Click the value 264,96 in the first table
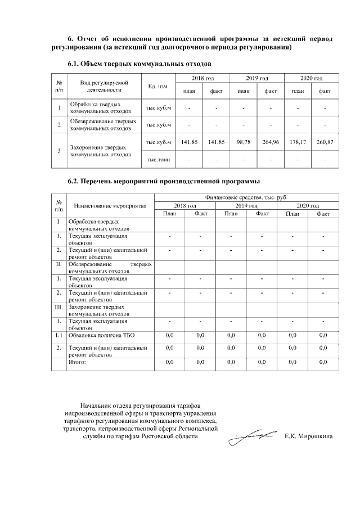coord(271,142)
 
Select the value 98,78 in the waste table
coord(244,142)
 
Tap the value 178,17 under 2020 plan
coord(298,142)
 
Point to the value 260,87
coord(325,142)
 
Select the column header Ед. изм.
coord(158,86)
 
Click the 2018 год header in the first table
coord(202,78)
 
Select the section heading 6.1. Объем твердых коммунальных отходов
coord(139,64)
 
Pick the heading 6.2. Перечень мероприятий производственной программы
coord(164,182)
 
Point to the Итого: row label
coord(77,363)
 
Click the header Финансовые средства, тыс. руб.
coord(246,198)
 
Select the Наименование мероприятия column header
coord(110,206)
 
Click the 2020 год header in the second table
coord(307,206)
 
